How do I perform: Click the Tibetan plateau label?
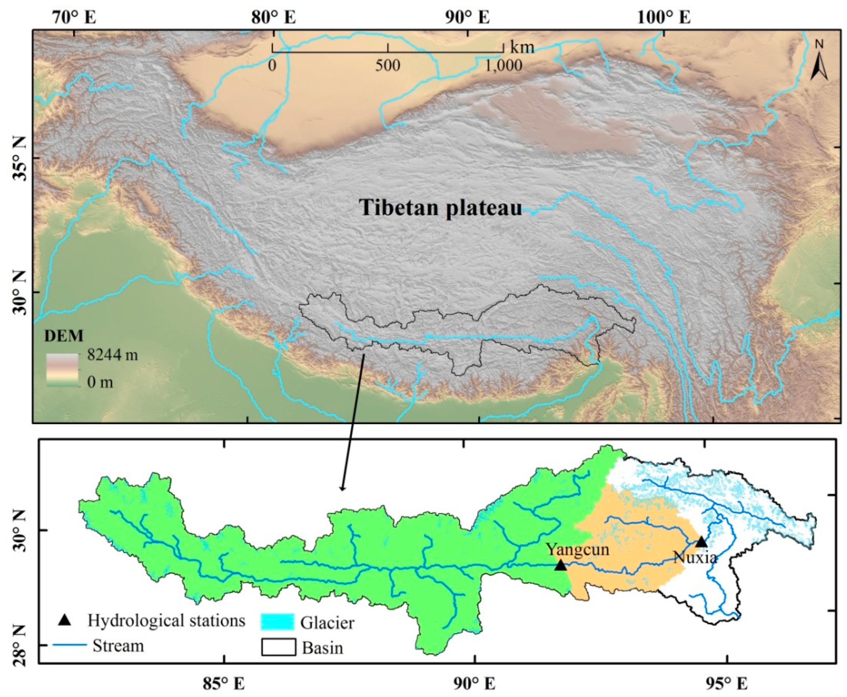pyautogui.click(x=440, y=208)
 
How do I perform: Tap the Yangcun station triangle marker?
pyautogui.click(x=561, y=566)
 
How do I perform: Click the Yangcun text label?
pyautogui.click(x=578, y=549)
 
